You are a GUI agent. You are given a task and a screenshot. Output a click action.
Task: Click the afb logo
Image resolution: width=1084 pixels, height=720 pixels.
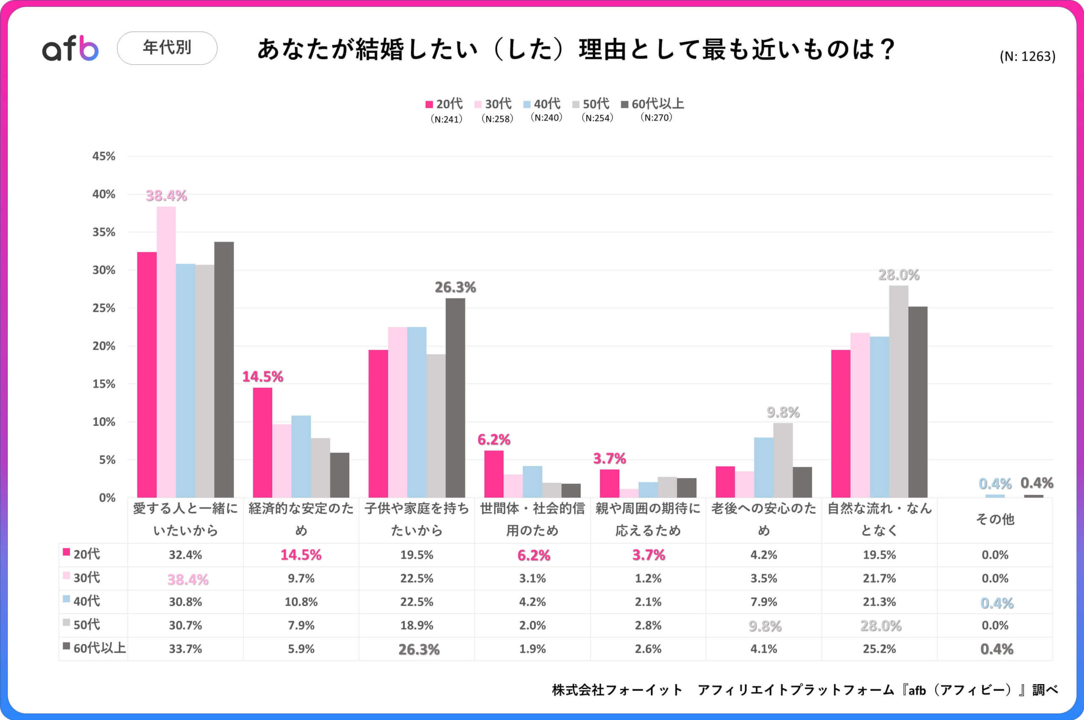[70, 48]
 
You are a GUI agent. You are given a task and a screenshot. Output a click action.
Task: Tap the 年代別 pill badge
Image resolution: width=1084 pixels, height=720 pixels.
[167, 48]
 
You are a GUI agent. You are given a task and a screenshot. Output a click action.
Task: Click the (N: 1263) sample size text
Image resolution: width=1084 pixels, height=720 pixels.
[1027, 56]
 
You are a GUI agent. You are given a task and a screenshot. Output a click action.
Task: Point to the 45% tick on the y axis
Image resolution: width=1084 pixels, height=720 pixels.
[104, 156]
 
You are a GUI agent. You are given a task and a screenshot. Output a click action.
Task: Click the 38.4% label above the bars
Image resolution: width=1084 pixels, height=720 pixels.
[166, 196]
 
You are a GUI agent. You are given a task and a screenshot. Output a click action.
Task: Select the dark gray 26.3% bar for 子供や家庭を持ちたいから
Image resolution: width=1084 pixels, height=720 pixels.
[455, 397]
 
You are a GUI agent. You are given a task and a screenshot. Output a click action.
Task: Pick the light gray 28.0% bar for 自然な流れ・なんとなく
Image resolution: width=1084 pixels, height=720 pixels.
[898, 391]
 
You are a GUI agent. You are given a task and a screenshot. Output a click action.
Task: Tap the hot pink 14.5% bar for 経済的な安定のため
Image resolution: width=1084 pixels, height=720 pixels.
[262, 442]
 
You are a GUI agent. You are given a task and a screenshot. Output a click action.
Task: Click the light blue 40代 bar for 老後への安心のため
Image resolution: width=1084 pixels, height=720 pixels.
[763, 467]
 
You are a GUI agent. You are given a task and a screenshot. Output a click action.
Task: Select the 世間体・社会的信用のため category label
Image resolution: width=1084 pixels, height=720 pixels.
[532, 519]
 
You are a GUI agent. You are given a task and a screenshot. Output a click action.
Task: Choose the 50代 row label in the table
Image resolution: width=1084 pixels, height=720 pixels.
[86, 625]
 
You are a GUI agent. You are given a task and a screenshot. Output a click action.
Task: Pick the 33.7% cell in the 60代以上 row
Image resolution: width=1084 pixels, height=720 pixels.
[185, 649]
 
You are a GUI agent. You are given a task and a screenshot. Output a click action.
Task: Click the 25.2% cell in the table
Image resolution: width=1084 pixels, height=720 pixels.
[879, 649]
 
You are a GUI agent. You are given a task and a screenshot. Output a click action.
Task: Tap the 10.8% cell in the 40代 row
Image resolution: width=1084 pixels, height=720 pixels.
[301, 602]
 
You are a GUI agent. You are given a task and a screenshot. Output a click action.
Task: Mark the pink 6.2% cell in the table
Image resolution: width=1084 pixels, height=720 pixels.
[533, 556]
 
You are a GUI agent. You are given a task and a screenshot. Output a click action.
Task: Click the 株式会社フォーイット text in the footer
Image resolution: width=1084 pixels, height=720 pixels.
[617, 690]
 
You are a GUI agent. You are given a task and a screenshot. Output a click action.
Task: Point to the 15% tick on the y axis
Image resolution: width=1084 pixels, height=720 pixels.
[104, 384]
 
